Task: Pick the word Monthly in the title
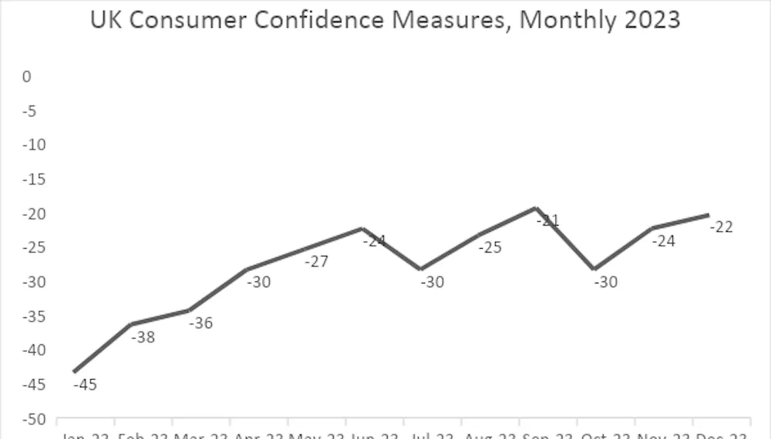coord(561,19)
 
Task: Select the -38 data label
coord(143,337)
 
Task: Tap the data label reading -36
coord(200,323)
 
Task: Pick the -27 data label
coord(316,262)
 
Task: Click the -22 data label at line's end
coord(721,226)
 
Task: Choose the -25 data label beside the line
coord(490,248)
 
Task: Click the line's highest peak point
coord(535,208)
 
